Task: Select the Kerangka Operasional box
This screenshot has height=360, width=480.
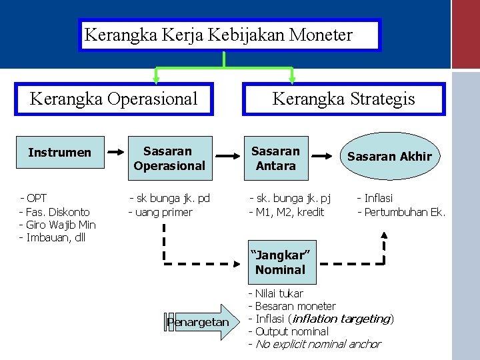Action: [x=114, y=99]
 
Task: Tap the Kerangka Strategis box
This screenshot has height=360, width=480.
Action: [x=343, y=99]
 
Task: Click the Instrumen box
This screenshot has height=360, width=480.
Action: [x=59, y=153]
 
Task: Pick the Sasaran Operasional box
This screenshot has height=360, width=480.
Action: [x=169, y=159]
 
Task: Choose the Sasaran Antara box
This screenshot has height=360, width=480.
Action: [x=275, y=159]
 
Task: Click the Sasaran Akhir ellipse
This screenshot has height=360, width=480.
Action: [x=389, y=157]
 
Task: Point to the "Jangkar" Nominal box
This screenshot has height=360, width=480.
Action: [x=279, y=262]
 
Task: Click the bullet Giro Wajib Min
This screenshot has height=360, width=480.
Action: [x=61, y=225]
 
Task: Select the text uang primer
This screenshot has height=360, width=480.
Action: [x=163, y=212]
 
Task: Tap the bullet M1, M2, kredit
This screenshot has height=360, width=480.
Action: [x=289, y=212]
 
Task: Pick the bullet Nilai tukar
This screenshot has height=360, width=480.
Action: [x=279, y=293]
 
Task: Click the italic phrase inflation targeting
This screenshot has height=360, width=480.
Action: [x=341, y=319]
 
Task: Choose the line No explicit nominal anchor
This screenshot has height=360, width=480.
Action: [x=317, y=344]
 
